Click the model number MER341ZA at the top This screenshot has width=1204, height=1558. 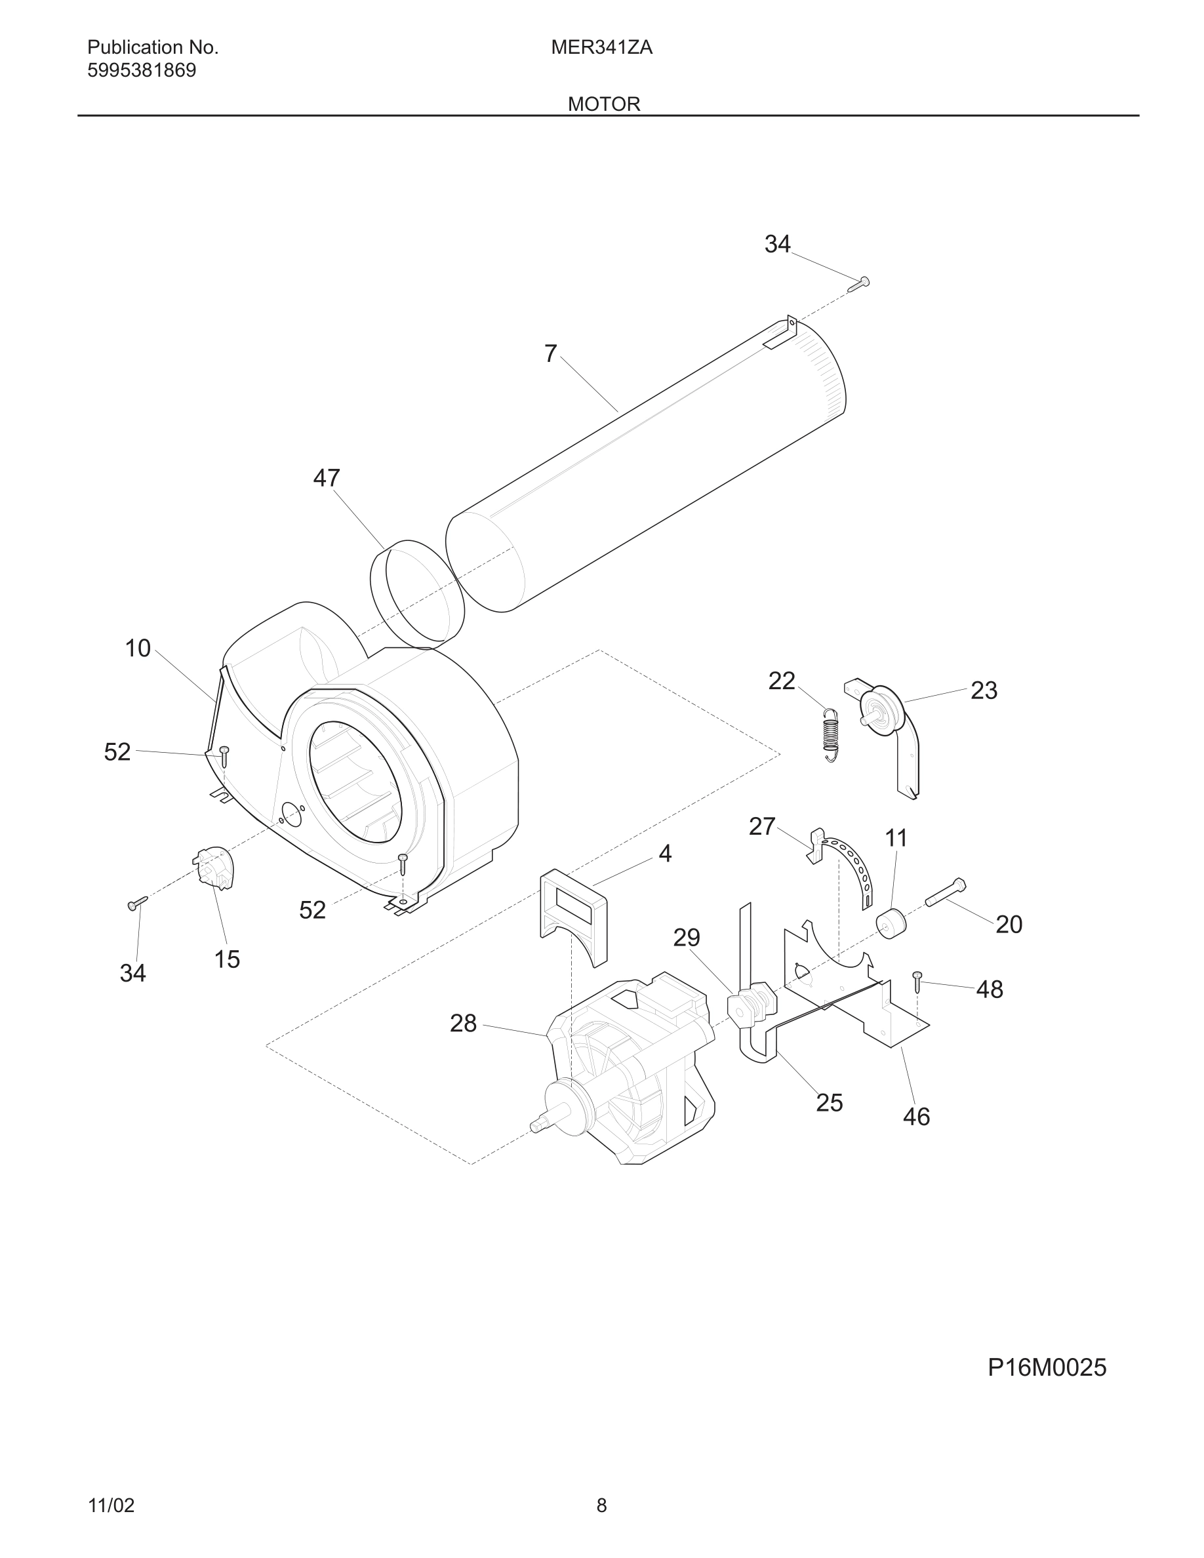point(601,48)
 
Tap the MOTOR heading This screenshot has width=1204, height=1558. point(603,104)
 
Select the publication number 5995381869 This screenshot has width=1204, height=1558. point(141,71)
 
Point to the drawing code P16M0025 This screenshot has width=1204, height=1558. point(1047,1368)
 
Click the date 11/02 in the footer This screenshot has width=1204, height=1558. point(111,1505)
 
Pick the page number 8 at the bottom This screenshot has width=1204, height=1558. point(601,1505)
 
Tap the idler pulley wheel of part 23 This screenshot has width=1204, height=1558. point(884,712)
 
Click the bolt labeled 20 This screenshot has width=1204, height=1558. point(946,893)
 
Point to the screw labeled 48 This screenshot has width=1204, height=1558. point(918,982)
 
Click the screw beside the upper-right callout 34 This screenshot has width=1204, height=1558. point(859,284)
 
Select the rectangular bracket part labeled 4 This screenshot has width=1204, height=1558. point(574,917)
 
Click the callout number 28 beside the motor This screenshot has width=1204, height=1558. point(463,1024)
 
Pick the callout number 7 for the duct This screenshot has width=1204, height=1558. point(550,354)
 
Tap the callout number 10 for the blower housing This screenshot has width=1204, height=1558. point(138,649)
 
